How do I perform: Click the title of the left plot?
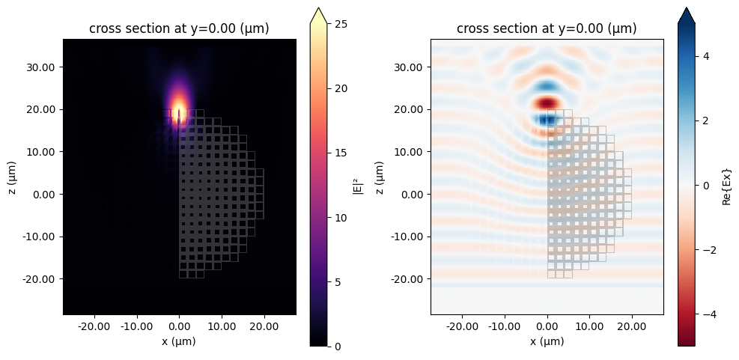pos(179,29)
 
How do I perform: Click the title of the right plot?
pos(547,29)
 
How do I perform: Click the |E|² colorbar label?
pos(357,184)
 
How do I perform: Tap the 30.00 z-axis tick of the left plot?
pos(45,67)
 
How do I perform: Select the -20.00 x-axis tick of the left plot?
pos(94,326)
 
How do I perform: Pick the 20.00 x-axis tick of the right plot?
pos(632,326)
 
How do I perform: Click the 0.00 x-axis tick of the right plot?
pos(547,326)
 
